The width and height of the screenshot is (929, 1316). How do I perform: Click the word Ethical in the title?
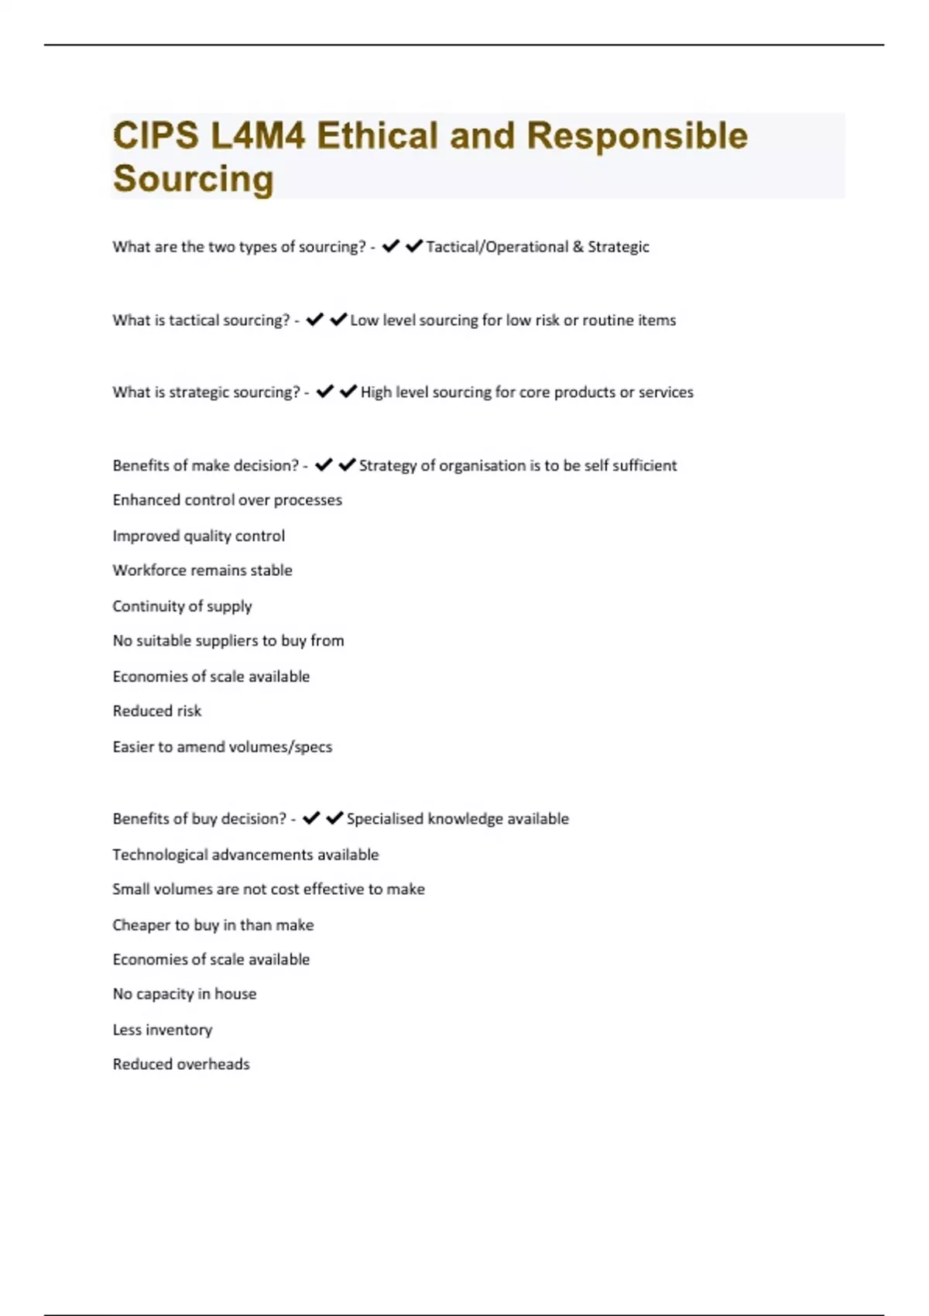(377, 136)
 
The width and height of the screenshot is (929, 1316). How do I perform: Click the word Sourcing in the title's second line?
(194, 179)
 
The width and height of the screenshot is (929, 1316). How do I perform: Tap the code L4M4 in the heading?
(258, 136)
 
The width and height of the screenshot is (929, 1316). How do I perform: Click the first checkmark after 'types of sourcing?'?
(391, 246)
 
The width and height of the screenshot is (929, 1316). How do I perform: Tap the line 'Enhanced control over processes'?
(227, 500)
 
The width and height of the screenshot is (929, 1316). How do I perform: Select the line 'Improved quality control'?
(198, 536)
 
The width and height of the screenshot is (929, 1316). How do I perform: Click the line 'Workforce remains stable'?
(202, 571)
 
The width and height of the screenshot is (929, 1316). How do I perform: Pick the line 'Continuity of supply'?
(182, 606)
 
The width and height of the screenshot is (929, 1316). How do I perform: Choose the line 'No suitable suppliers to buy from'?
(228, 641)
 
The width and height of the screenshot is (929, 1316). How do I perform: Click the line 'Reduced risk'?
(156, 711)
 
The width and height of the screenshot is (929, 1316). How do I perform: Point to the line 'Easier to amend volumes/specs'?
(222, 747)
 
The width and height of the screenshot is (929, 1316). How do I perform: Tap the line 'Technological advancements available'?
(245, 855)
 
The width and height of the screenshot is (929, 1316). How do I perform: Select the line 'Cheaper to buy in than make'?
(213, 925)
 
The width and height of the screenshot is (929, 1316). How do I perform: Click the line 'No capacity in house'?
(184, 994)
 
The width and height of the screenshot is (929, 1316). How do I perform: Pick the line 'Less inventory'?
(162, 1030)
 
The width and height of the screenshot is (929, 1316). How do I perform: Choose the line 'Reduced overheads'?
(181, 1064)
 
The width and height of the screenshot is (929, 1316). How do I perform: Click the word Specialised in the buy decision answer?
(385, 819)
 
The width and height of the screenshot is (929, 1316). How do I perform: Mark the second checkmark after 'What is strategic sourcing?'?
(348, 392)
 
